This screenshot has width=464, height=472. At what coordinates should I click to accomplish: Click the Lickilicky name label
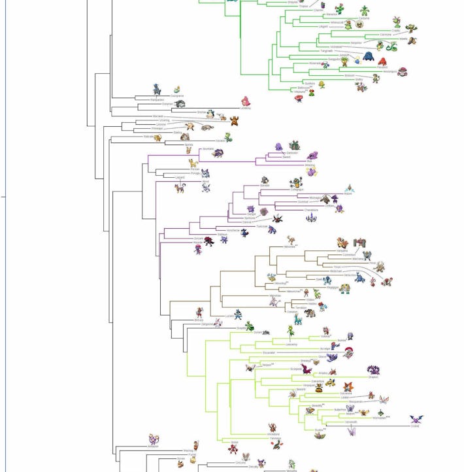click(x=244, y=108)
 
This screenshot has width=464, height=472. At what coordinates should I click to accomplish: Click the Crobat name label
click(x=414, y=427)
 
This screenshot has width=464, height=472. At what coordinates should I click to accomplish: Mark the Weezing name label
click(x=310, y=165)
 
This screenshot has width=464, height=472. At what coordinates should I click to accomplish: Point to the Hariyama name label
click(x=342, y=250)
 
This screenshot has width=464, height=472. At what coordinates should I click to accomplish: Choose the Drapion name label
click(x=373, y=377)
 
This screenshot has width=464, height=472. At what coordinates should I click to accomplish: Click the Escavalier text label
click(x=269, y=353)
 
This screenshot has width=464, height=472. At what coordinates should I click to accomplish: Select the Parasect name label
click(x=382, y=67)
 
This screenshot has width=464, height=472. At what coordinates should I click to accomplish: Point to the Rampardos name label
click(x=157, y=99)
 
